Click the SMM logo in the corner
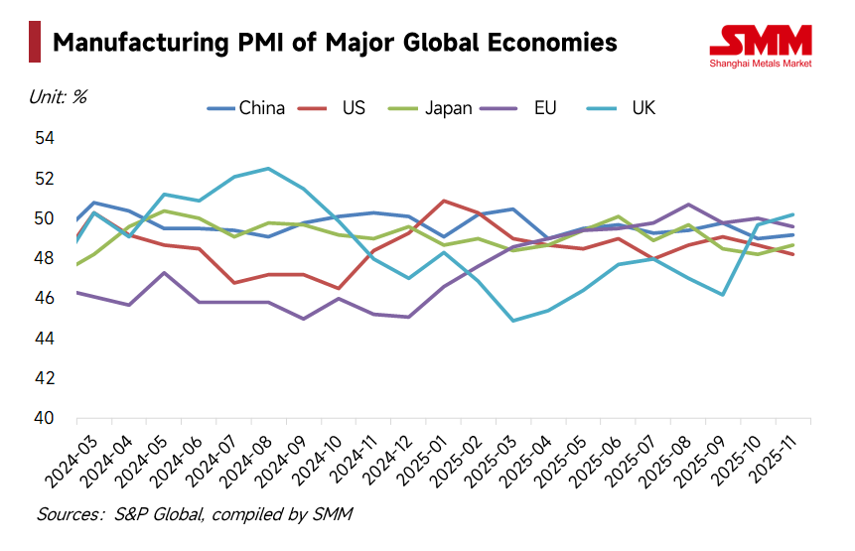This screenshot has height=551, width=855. coord(762,45)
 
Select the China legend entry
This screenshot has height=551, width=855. coord(248,108)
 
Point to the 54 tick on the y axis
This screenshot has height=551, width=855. coord(45,138)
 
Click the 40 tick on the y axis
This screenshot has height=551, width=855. coord(45,418)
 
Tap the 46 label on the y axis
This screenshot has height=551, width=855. coord(45,298)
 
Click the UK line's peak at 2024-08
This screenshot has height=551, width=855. coord(268,169)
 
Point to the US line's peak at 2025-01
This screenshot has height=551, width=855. coord(442,201)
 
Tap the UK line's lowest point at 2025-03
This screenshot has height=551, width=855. coord(512,321)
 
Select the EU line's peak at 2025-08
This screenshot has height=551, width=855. coord(688,205)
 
